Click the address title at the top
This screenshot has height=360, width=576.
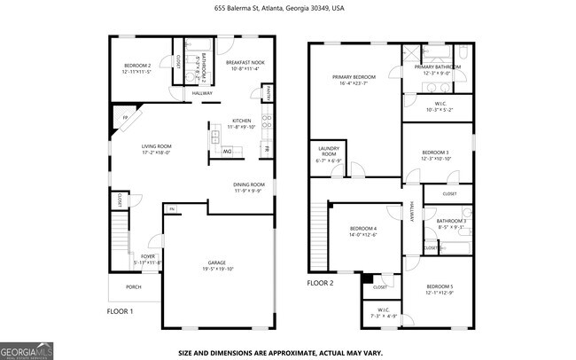point(279,8)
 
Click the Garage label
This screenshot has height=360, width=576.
point(215,264)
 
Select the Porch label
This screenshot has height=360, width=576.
point(133,287)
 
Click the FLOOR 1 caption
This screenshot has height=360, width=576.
point(120,311)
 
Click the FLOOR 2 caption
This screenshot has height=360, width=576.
point(320,283)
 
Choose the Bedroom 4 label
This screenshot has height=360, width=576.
point(363,231)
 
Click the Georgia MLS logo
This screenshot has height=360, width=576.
point(27,350)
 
